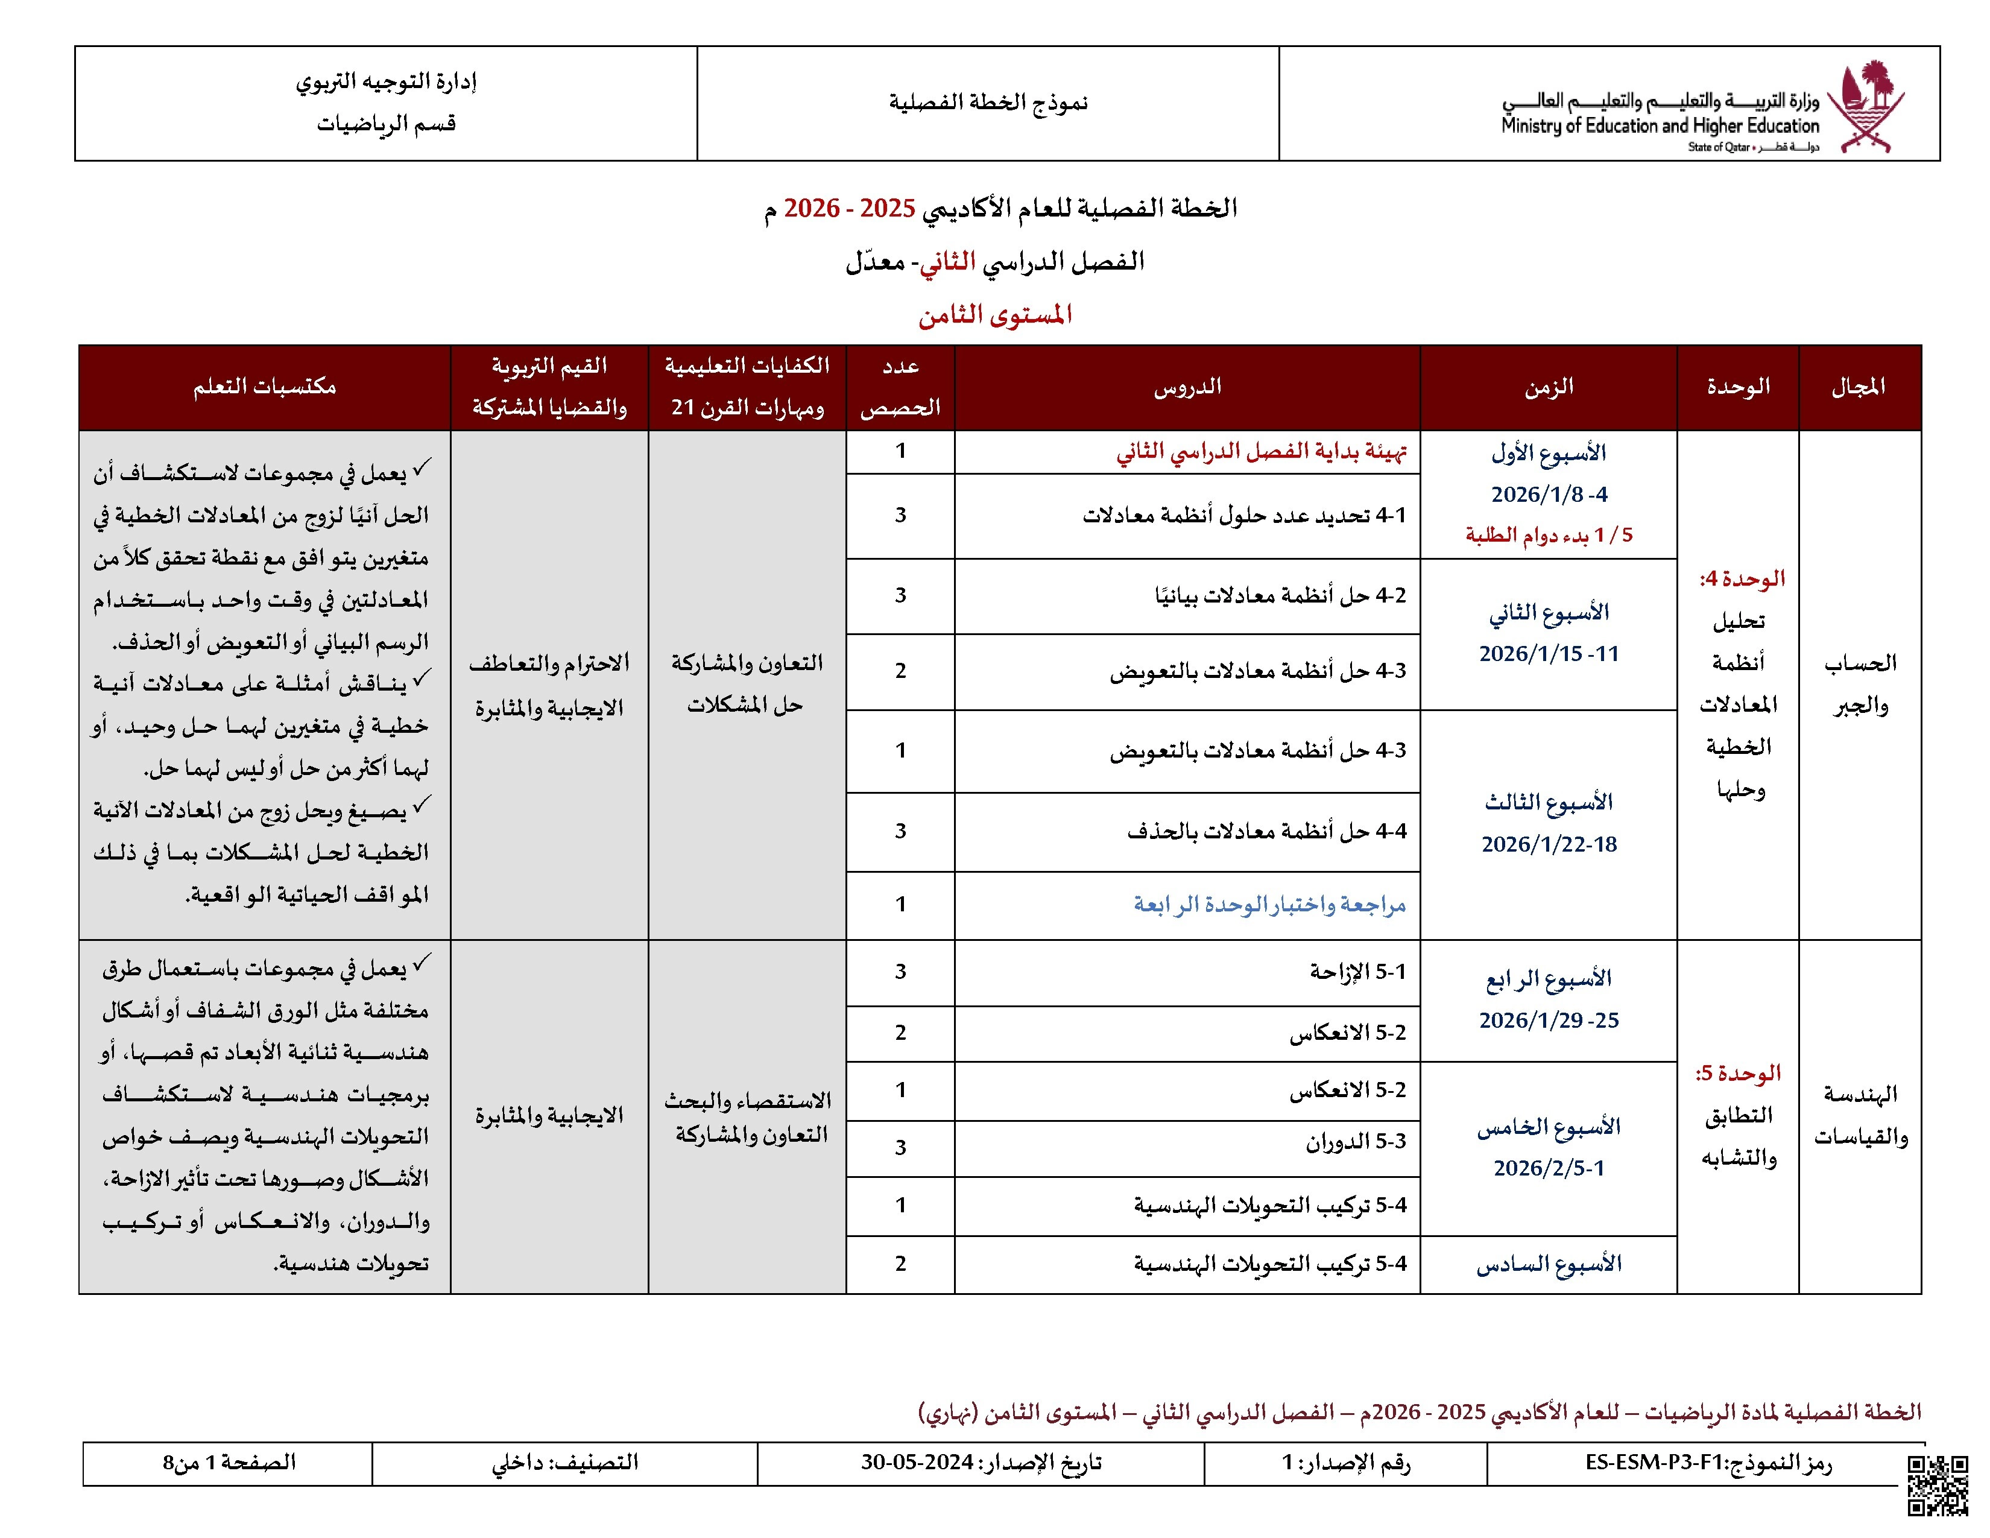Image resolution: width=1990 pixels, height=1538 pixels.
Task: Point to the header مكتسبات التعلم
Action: click(x=264, y=387)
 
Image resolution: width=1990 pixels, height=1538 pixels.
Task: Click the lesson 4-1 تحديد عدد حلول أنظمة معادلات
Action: click(x=1243, y=516)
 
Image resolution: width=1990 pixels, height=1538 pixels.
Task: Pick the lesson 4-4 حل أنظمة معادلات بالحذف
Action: click(x=1266, y=831)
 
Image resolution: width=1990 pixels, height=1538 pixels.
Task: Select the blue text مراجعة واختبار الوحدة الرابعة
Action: click(x=1269, y=905)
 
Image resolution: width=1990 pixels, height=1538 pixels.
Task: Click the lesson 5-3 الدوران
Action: click(x=1355, y=1142)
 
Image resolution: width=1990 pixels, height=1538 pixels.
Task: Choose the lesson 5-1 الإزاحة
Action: click(x=1357, y=972)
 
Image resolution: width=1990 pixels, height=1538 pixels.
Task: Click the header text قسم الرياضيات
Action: click(x=387, y=124)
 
